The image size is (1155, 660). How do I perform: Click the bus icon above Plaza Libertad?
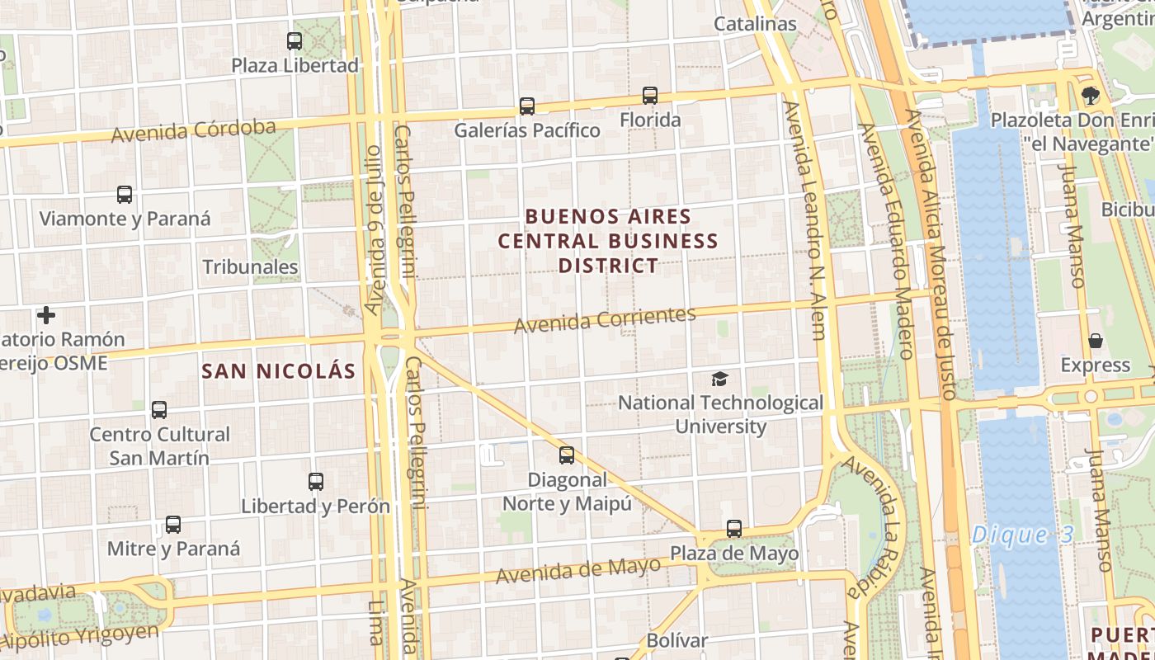[x=295, y=40]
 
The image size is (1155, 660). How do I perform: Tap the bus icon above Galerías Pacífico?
[x=527, y=106]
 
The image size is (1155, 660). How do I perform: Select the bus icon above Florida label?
[x=650, y=96]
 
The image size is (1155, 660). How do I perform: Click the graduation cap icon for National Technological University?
[x=720, y=379]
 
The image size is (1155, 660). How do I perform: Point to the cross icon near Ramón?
[x=46, y=315]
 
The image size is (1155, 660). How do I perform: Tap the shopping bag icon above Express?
[x=1096, y=340]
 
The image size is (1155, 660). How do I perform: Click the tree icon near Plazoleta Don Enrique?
[x=1091, y=96]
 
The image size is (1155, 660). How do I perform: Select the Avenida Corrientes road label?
[x=605, y=319]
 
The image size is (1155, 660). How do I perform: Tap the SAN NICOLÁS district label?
[x=279, y=371]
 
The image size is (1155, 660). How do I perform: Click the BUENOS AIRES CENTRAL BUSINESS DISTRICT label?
[x=608, y=241]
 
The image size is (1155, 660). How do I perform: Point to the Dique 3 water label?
[x=1023, y=535]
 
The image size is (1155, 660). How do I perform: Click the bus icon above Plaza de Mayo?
[x=734, y=528]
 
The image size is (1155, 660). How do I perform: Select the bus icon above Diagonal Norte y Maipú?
[x=567, y=455]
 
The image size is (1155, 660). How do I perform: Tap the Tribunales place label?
[x=250, y=266]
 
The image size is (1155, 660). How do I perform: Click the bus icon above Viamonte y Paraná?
[x=125, y=195]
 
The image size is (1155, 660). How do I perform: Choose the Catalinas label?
[x=755, y=24]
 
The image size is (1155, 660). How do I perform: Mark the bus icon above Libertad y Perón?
[x=315, y=481]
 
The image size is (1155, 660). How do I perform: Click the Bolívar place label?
[x=676, y=640]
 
